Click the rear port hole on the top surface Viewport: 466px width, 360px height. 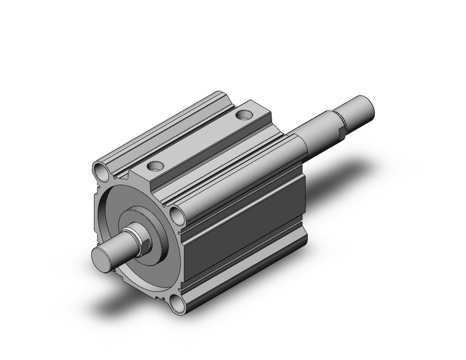(244, 114)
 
